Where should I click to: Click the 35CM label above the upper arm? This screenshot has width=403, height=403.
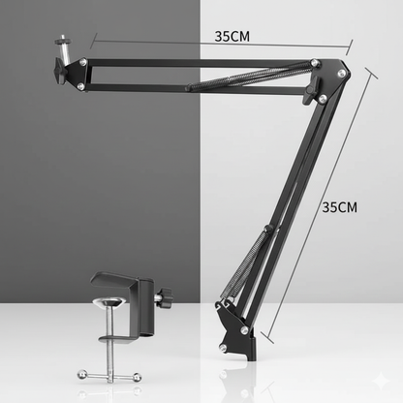(x=232, y=36)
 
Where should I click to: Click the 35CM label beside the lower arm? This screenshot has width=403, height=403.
(x=340, y=206)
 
